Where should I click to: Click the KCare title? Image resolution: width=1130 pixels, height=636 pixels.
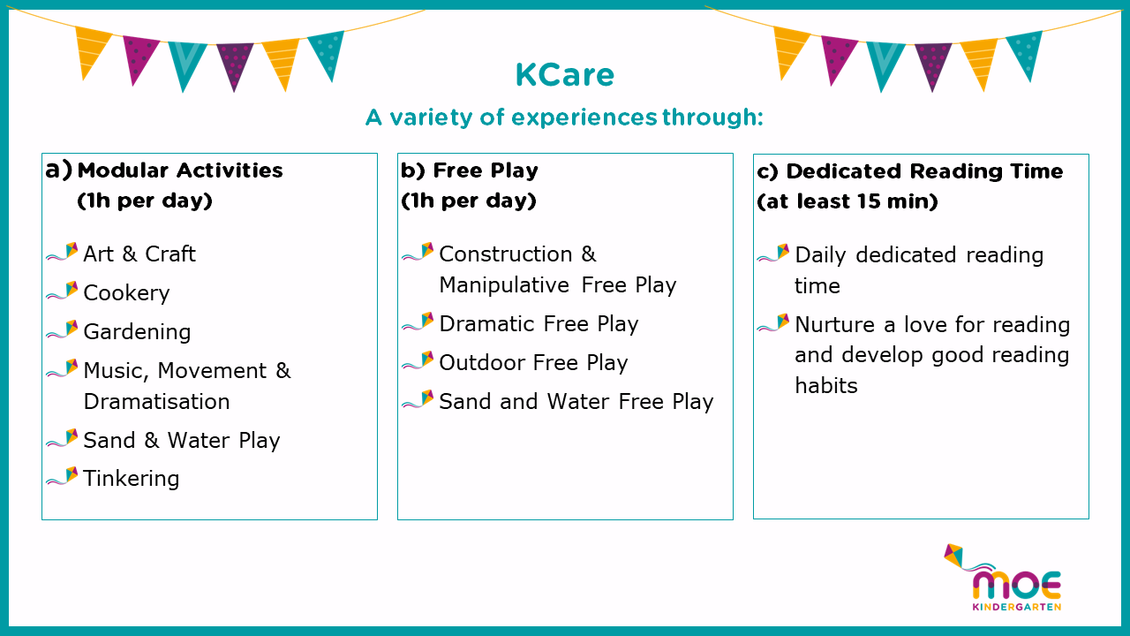point(564,75)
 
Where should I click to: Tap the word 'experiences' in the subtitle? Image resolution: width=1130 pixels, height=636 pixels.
point(584,117)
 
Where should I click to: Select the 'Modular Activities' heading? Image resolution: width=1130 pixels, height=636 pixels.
point(180,170)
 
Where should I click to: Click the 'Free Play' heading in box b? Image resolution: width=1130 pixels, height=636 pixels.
point(486,170)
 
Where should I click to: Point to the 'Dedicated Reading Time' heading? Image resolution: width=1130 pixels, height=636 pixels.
point(924,171)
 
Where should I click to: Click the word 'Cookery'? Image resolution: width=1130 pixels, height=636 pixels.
point(126,293)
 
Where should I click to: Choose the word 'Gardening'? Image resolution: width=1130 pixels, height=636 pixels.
point(137,332)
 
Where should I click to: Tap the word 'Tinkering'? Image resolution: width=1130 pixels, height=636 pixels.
point(132,479)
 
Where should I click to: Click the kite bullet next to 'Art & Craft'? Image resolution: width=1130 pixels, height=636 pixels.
point(63,252)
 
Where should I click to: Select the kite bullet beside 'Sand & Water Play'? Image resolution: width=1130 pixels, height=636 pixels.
point(63,438)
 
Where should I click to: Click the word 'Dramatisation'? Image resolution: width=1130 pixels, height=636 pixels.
point(156,402)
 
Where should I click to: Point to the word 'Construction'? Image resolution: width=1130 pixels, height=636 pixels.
point(506,254)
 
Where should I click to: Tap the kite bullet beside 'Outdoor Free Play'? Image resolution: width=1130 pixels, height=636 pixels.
point(418,360)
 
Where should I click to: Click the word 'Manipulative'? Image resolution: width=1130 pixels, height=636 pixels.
point(504,285)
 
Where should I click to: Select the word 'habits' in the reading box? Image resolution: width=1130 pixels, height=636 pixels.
point(826,386)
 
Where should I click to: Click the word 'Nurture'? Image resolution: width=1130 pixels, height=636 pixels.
point(835,324)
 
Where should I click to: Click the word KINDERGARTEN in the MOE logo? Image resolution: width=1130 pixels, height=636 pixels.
point(1017,607)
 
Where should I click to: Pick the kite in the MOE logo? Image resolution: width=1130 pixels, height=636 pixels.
point(954,556)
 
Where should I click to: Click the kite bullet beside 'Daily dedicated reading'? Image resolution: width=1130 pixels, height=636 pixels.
point(773,253)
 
